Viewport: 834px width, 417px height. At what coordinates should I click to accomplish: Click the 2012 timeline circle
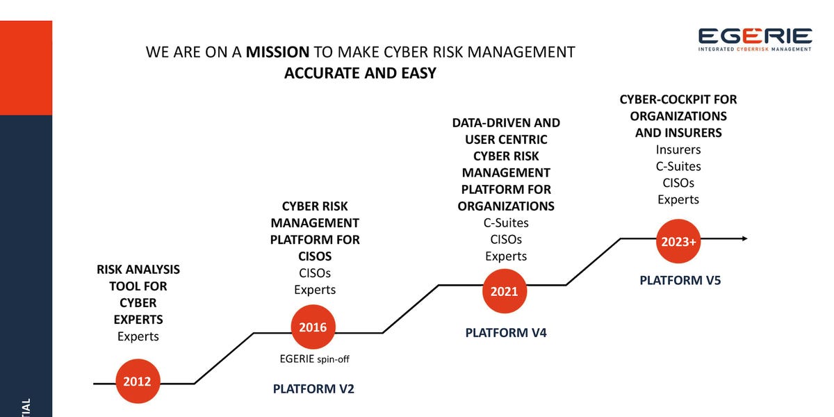click(x=138, y=382)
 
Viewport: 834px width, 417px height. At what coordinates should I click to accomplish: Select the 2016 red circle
click(x=313, y=327)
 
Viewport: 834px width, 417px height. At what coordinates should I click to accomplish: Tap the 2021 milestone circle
click(x=504, y=291)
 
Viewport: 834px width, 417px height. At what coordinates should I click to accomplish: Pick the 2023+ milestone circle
click(x=678, y=243)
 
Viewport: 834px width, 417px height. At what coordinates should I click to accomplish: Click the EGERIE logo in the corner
click(x=755, y=40)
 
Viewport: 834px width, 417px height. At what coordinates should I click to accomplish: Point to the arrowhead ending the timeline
click(x=744, y=238)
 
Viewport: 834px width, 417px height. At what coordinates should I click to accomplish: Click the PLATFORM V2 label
click(x=313, y=389)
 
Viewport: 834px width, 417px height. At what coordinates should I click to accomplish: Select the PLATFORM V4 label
click(x=506, y=333)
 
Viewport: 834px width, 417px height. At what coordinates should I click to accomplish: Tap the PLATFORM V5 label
click(x=680, y=281)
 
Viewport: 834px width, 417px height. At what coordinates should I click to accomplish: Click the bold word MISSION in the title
click(x=277, y=52)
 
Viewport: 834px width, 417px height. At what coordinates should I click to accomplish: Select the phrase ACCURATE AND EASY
click(x=360, y=73)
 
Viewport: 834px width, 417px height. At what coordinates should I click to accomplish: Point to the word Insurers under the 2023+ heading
click(x=678, y=149)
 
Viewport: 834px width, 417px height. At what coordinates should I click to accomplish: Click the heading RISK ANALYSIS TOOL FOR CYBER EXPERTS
click(x=138, y=294)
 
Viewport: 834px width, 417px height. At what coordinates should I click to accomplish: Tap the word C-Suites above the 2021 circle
click(x=506, y=223)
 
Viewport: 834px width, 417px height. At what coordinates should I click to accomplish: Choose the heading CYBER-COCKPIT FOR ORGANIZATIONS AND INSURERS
click(x=678, y=116)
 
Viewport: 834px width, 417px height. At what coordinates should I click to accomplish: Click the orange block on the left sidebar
click(x=26, y=67)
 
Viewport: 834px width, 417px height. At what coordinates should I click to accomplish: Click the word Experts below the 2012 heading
click(x=138, y=336)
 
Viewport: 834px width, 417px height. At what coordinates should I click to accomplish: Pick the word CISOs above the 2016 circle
click(x=315, y=273)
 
